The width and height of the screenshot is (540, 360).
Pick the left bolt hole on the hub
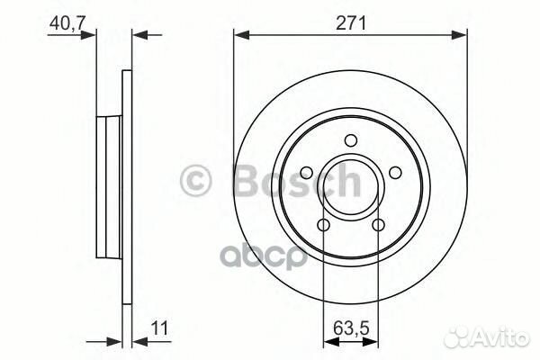tap(306, 171)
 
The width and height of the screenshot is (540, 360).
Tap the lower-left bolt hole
tap(323, 224)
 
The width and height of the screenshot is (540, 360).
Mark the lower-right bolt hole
tap(379, 224)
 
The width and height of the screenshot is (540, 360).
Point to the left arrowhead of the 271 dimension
tap(238, 35)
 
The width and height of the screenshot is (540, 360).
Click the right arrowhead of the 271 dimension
tap(463, 35)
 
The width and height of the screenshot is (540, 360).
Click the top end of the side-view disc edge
tap(127, 72)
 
